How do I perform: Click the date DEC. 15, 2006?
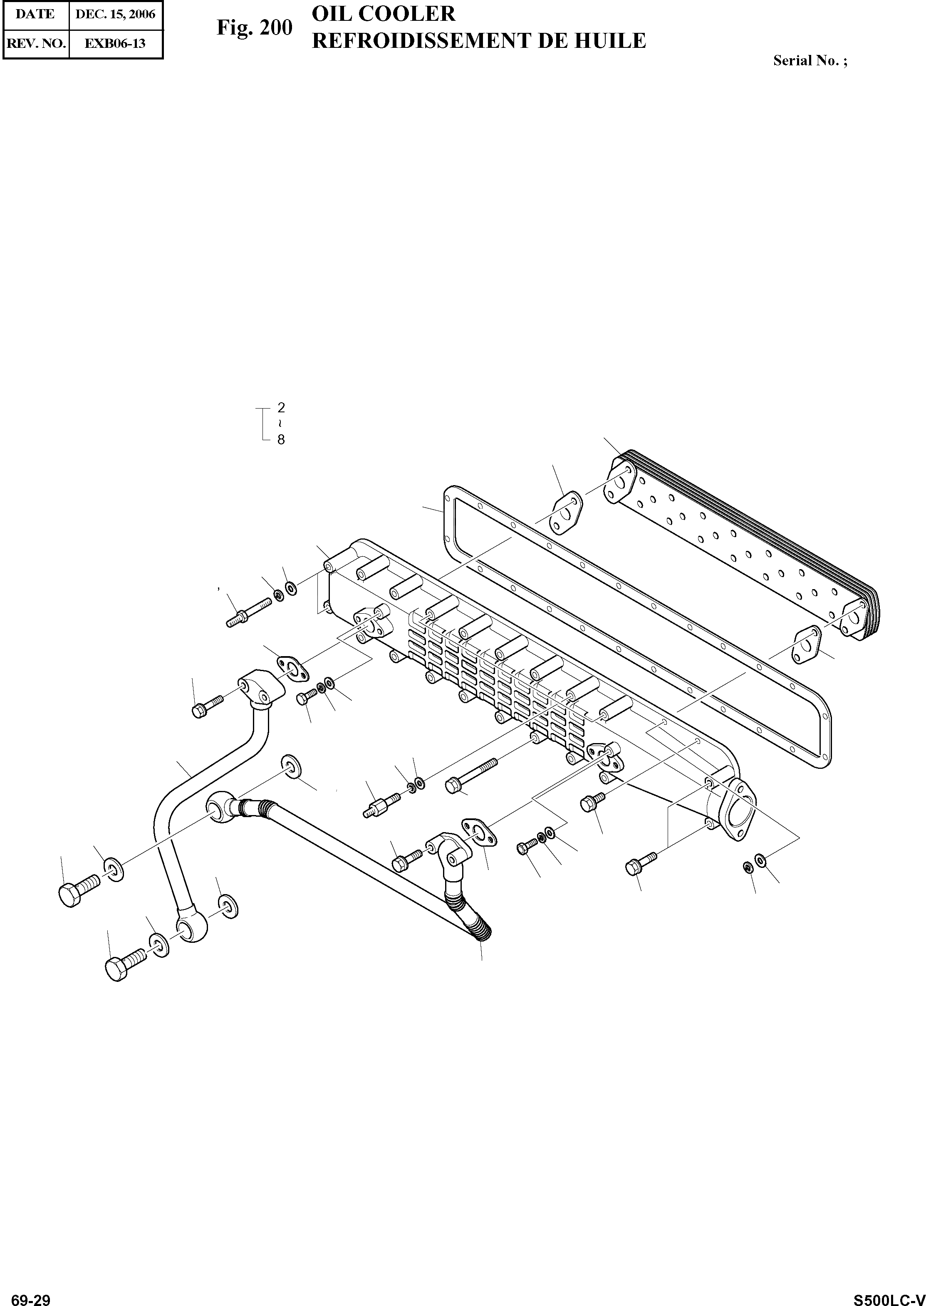click(x=115, y=14)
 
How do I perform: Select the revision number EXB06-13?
click(x=115, y=43)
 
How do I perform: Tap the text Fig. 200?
click(x=254, y=27)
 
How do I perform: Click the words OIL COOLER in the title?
click(x=383, y=13)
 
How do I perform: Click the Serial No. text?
click(x=810, y=60)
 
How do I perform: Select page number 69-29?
click(x=31, y=1299)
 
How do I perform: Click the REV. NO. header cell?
click(x=36, y=43)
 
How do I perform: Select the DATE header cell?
click(x=35, y=14)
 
